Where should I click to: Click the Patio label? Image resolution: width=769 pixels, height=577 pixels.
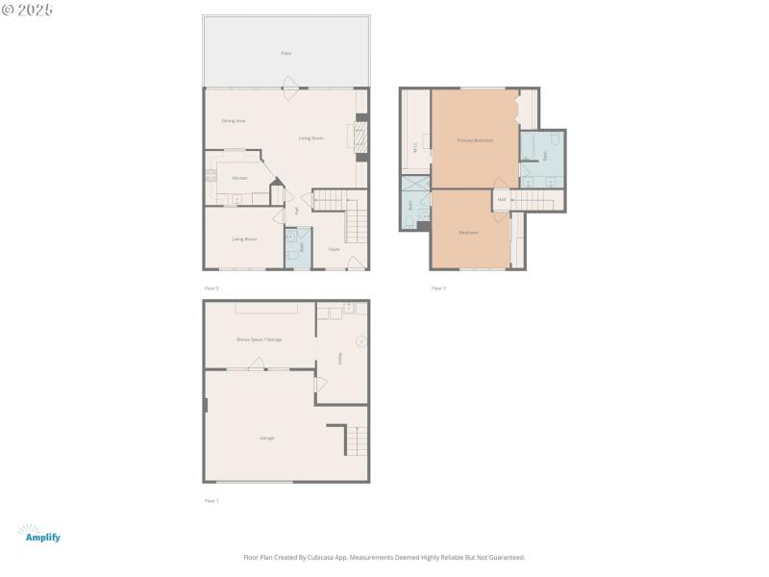tap(285, 53)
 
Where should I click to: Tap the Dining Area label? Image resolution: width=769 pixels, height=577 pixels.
tap(234, 120)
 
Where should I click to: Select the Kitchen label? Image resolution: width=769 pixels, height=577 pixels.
tap(239, 178)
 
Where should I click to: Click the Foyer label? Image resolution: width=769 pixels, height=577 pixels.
tap(335, 249)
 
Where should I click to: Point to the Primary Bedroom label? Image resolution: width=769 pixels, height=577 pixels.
tap(475, 140)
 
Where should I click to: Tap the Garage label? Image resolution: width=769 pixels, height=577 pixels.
tap(266, 438)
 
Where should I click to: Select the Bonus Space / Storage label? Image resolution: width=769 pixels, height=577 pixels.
tap(260, 339)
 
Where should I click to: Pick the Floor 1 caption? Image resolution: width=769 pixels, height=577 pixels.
tap(211, 501)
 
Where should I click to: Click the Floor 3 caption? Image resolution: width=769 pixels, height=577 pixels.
tap(438, 288)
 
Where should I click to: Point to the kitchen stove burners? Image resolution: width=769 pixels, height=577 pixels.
tap(210, 176)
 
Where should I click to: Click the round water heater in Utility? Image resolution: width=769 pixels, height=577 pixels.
tap(360, 339)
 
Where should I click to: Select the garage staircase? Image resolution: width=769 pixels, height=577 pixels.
tap(356, 441)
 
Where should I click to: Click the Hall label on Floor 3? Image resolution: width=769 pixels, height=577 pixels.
tap(502, 200)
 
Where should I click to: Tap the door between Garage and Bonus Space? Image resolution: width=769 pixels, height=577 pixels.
tap(257, 366)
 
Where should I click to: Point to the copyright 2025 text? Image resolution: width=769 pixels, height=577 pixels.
tap(28, 10)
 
